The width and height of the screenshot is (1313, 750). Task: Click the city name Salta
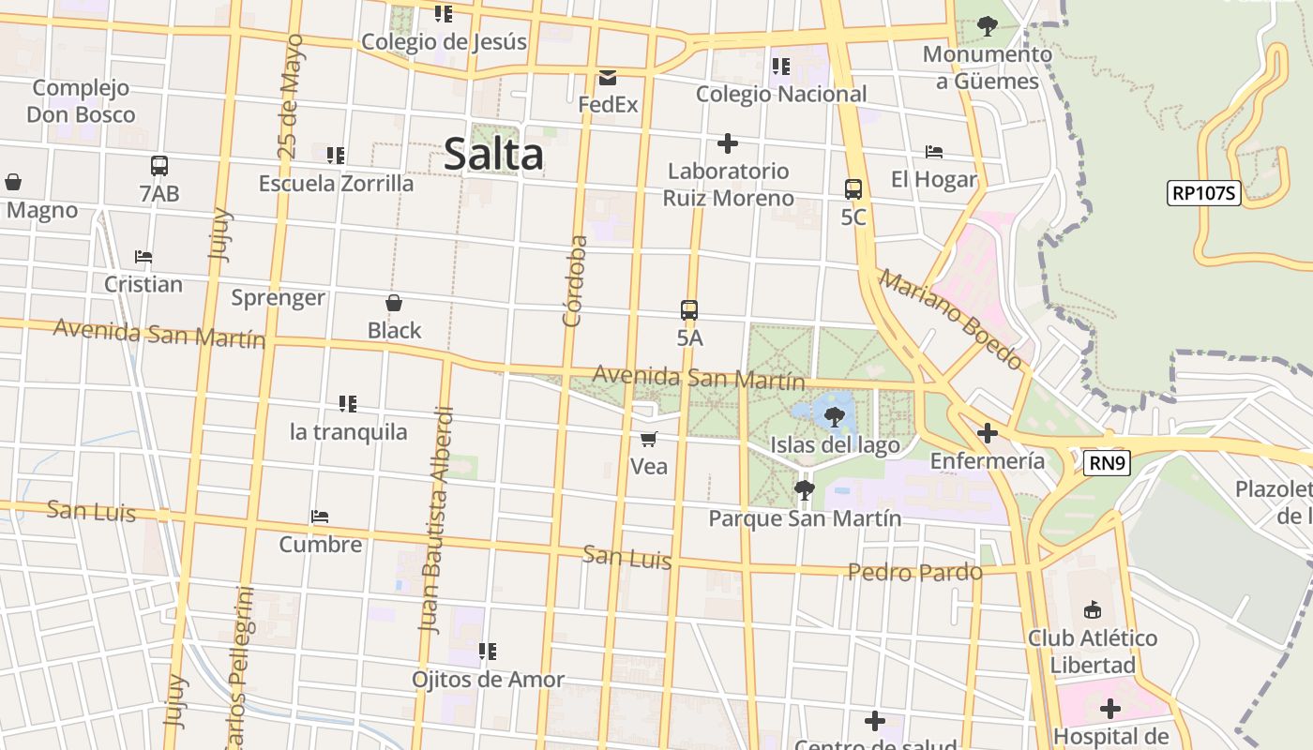pyautogui.click(x=493, y=155)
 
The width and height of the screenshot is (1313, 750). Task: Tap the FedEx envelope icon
pyautogui.click(x=608, y=78)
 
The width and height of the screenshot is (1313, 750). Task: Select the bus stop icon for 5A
pyautogui.click(x=689, y=310)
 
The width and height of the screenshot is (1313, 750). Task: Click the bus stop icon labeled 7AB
pyautogui.click(x=159, y=166)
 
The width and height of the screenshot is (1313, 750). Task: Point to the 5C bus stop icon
pyautogui.click(x=853, y=189)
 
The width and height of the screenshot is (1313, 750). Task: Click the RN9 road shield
pyautogui.click(x=1107, y=462)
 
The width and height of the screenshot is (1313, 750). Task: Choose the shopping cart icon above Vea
pyautogui.click(x=649, y=439)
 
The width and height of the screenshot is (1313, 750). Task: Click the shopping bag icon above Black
pyautogui.click(x=394, y=303)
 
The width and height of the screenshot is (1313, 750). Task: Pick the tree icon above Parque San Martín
pyautogui.click(x=804, y=489)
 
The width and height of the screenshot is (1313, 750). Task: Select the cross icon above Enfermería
pyautogui.click(x=987, y=433)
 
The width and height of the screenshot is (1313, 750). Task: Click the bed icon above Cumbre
pyautogui.click(x=320, y=517)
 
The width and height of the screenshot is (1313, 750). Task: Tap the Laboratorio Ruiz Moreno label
pyautogui.click(x=728, y=185)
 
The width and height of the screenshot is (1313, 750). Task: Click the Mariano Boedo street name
pyautogui.click(x=951, y=319)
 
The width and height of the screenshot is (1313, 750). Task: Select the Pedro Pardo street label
pyautogui.click(x=915, y=572)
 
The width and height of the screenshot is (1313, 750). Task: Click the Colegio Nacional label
pyautogui.click(x=781, y=94)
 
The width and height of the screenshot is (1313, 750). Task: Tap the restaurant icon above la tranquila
pyautogui.click(x=348, y=404)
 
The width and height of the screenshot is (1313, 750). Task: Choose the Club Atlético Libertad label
pyautogui.click(x=1093, y=652)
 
